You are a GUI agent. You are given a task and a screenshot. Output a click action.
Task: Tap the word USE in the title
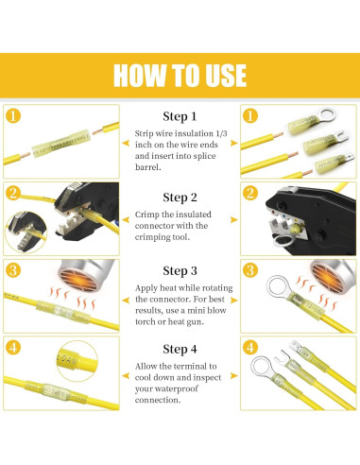coord(224,75)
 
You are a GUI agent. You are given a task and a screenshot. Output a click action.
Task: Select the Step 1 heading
coord(180,116)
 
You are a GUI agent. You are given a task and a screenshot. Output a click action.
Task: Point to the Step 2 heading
coord(180,198)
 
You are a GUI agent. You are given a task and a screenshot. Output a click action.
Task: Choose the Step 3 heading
coord(180,270)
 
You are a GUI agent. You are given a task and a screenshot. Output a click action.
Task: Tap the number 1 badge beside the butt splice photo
coord(12,116)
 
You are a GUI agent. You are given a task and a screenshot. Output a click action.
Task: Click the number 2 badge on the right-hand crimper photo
coord(249,193)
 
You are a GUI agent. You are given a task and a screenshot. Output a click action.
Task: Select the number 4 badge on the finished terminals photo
coord(249,347)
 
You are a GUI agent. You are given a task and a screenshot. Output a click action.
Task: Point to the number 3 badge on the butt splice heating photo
coord(12,270)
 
